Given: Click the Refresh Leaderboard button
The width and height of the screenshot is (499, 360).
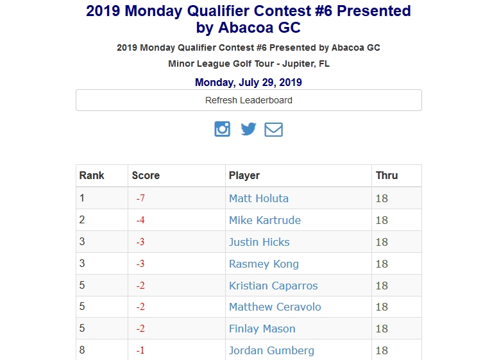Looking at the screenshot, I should tap(249, 100).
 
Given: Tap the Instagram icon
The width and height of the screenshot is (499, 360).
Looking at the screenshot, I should tap(223, 129).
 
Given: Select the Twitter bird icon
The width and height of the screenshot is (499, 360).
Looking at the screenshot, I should tap(248, 129).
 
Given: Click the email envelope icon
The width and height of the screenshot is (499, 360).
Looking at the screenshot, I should tap(274, 129).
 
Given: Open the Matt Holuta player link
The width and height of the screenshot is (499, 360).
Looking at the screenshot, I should tap(258, 198).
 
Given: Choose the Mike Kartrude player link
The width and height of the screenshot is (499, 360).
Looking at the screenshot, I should tap(264, 220).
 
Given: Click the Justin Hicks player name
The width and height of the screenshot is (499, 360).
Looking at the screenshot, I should tap(259, 242).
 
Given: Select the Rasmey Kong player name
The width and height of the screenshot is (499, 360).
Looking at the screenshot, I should tap(264, 264).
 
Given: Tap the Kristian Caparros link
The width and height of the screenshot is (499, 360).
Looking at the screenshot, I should tap(273, 286).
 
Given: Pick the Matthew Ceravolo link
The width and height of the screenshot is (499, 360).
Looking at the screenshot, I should tap(275, 307).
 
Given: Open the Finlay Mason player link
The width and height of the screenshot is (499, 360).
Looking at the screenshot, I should tap(262, 329).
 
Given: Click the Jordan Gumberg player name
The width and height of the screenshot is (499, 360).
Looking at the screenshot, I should tap(271, 350).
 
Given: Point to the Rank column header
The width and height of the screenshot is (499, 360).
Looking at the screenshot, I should tap(92, 175).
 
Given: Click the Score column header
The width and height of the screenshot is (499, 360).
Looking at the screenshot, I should tap(146, 175).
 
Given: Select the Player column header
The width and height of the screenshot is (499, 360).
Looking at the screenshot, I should tap(244, 175).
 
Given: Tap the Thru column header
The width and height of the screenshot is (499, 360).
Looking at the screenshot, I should tap(387, 175).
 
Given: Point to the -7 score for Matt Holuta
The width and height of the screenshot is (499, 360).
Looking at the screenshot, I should tap(140, 199).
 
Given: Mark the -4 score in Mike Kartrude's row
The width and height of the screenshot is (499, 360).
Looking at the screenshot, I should tap(140, 221).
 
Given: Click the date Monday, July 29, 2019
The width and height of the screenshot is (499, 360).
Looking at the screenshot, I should tap(248, 82).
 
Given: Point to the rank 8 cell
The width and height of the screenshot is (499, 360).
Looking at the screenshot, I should tap(82, 350).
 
